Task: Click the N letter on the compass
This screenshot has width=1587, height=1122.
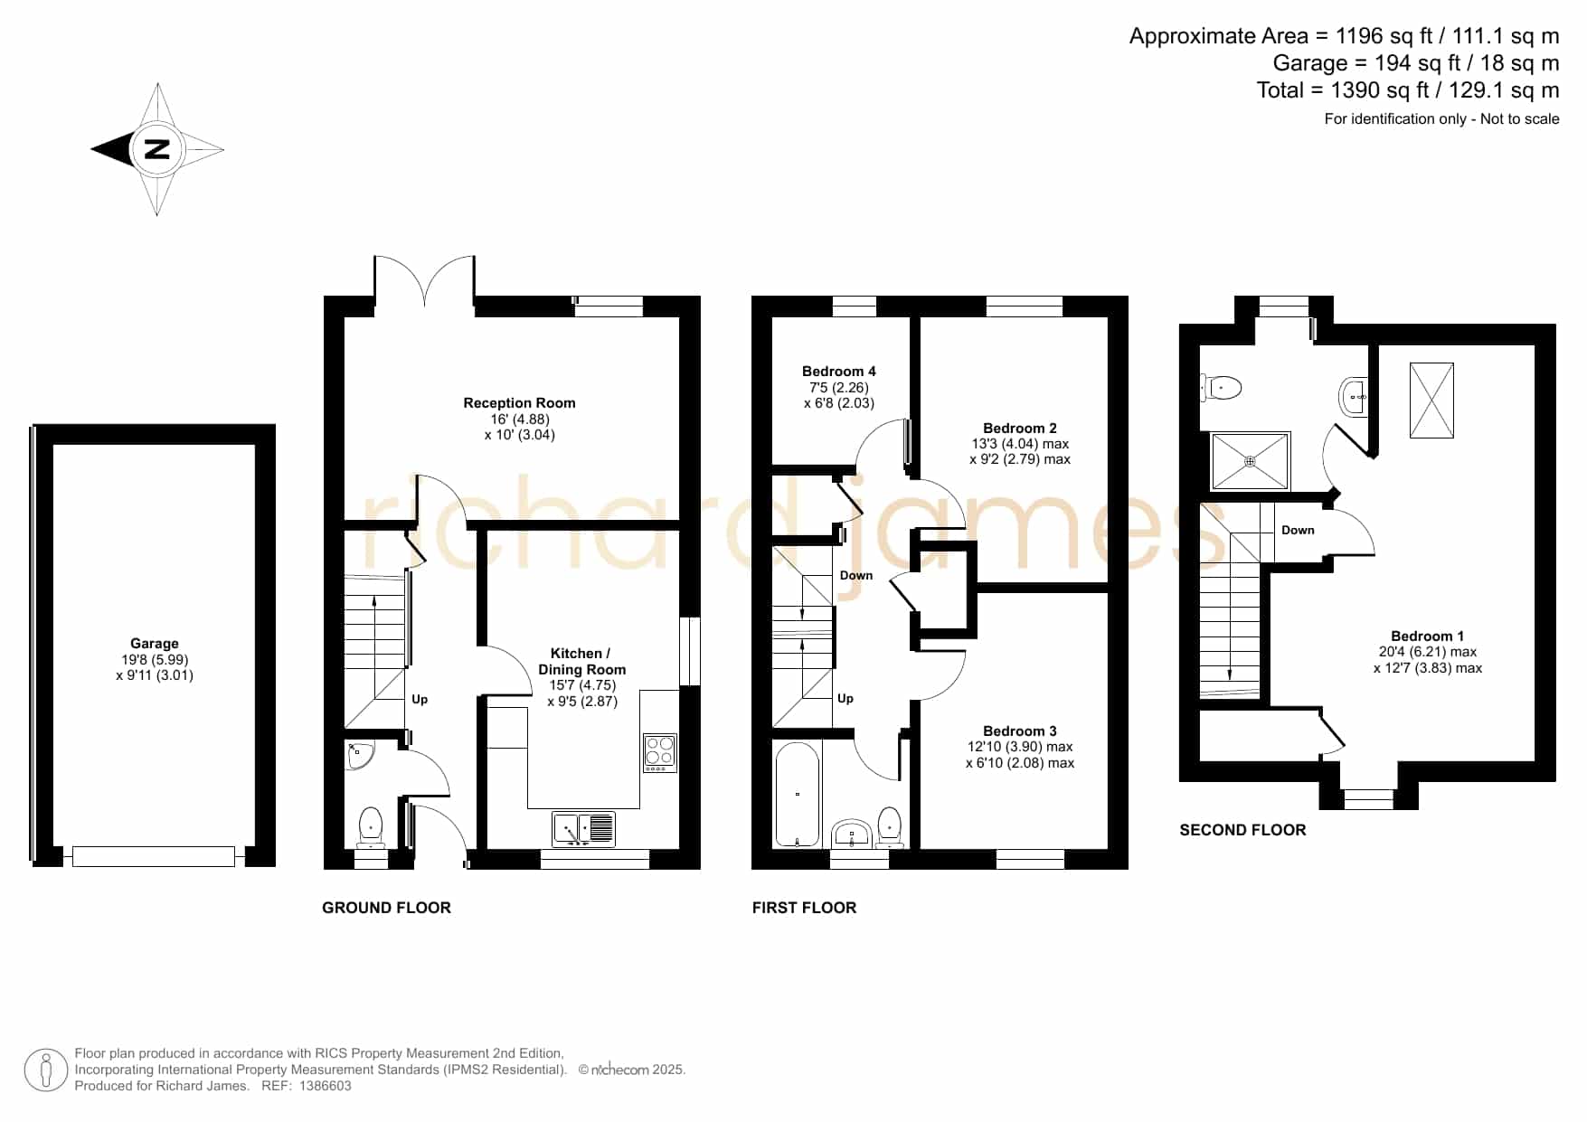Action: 157,149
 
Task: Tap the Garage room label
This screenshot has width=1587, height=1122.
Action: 155,644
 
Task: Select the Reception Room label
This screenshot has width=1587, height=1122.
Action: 519,403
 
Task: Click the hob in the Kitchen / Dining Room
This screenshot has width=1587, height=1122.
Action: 660,753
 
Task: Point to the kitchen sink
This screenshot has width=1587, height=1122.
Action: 584,829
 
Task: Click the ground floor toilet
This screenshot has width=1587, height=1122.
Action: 371,827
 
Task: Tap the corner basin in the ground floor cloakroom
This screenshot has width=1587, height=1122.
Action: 359,755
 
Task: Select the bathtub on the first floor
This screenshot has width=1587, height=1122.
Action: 797,794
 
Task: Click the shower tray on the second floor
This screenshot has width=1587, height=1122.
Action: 1250,461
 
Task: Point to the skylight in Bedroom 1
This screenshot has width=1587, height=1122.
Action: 1431,401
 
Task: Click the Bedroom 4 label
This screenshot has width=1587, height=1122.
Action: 839,372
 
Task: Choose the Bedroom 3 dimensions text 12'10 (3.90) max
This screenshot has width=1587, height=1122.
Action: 1020,747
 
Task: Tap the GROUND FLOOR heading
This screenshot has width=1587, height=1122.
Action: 386,908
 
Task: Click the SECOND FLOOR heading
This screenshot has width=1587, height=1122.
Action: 1242,830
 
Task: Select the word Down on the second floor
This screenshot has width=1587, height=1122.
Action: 1298,531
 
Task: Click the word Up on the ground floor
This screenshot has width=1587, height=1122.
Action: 420,700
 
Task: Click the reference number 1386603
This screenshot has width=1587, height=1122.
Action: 326,1086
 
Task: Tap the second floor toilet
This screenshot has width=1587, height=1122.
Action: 1222,388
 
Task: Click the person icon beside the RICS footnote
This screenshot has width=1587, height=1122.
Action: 46,1070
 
